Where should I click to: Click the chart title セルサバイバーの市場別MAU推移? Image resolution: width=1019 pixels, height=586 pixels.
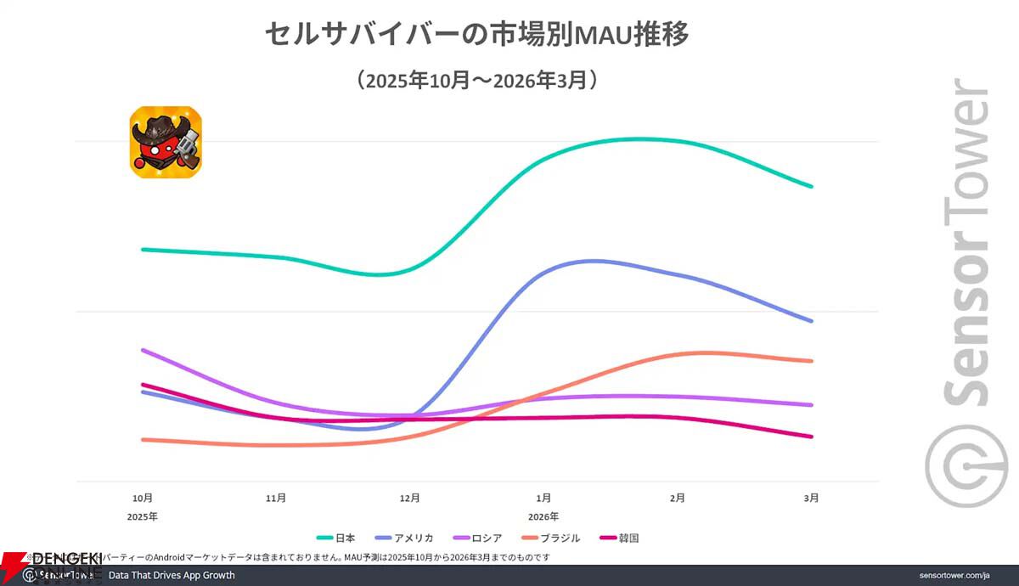tap(476, 35)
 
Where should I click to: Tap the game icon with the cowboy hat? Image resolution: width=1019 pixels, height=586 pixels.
tap(166, 142)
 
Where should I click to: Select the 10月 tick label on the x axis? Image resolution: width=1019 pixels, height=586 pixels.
tap(143, 498)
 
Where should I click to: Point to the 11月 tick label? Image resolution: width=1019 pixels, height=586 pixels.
tap(276, 498)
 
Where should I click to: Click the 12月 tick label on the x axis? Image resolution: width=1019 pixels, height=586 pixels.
tap(410, 498)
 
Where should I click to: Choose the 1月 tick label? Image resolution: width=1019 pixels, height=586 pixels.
tap(543, 498)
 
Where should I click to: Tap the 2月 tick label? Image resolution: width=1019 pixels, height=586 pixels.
tap(678, 498)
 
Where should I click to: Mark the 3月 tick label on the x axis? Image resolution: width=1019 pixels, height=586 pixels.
tap(811, 498)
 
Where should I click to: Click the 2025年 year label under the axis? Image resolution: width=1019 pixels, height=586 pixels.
tap(143, 516)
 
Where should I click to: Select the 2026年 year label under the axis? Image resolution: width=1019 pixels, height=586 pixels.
tap(543, 516)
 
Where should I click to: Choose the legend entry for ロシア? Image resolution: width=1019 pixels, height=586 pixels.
tap(480, 538)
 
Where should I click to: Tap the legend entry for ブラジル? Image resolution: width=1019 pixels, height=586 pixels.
tap(551, 538)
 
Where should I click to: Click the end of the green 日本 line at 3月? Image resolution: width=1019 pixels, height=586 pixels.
tap(813, 186)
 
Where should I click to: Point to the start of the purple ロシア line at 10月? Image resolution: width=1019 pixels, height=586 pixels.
tap(143, 350)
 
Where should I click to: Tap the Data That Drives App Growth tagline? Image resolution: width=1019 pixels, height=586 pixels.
tap(172, 575)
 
